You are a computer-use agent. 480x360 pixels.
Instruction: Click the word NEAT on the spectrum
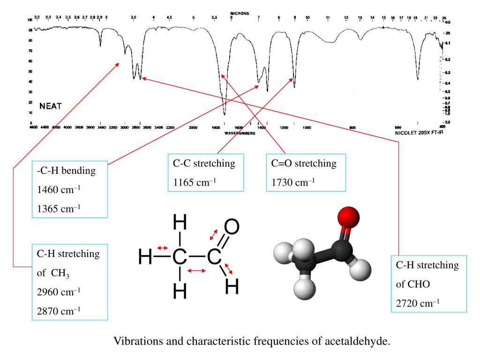[x=50, y=106]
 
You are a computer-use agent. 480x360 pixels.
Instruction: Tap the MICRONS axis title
[x=240, y=13]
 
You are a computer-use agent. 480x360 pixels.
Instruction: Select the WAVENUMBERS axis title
[x=240, y=133]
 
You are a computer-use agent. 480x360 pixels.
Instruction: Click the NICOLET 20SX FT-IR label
[x=419, y=133]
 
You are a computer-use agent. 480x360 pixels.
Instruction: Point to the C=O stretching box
[x=306, y=172]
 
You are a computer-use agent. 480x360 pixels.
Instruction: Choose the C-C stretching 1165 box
[x=206, y=172]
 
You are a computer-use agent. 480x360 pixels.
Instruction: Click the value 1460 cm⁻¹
[x=59, y=190]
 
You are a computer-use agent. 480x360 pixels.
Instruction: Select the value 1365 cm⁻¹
[x=59, y=209]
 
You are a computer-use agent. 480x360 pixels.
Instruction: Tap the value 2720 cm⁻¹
[x=418, y=303]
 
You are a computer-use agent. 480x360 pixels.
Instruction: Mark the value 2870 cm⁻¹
[x=59, y=310]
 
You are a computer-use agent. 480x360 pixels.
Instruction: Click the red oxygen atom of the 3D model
[x=348, y=217]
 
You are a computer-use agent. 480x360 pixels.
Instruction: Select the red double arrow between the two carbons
[x=196, y=270]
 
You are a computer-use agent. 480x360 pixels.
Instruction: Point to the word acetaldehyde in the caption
[x=357, y=341]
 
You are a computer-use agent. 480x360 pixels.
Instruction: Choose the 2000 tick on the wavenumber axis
[x=193, y=127]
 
